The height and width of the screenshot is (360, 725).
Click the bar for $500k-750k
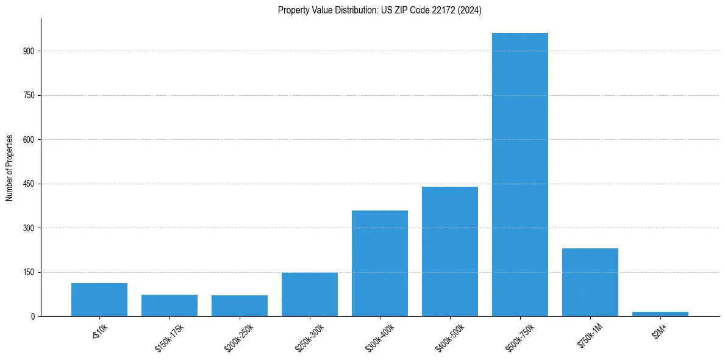coord(520,175)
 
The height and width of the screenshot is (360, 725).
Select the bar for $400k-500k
coord(449,251)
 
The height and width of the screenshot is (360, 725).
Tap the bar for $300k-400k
coord(379,263)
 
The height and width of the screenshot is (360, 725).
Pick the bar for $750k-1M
coord(590,282)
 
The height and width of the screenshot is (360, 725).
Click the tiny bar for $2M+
coord(660,314)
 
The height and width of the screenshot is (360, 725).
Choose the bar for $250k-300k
coord(309,294)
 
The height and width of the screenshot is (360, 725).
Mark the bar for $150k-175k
coord(169,305)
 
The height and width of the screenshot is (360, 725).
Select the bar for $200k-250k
coord(239,306)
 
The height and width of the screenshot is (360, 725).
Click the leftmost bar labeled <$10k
coord(99,300)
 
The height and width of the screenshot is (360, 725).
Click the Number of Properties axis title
coord(9,168)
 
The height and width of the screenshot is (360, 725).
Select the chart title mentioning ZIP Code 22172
coord(379,10)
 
